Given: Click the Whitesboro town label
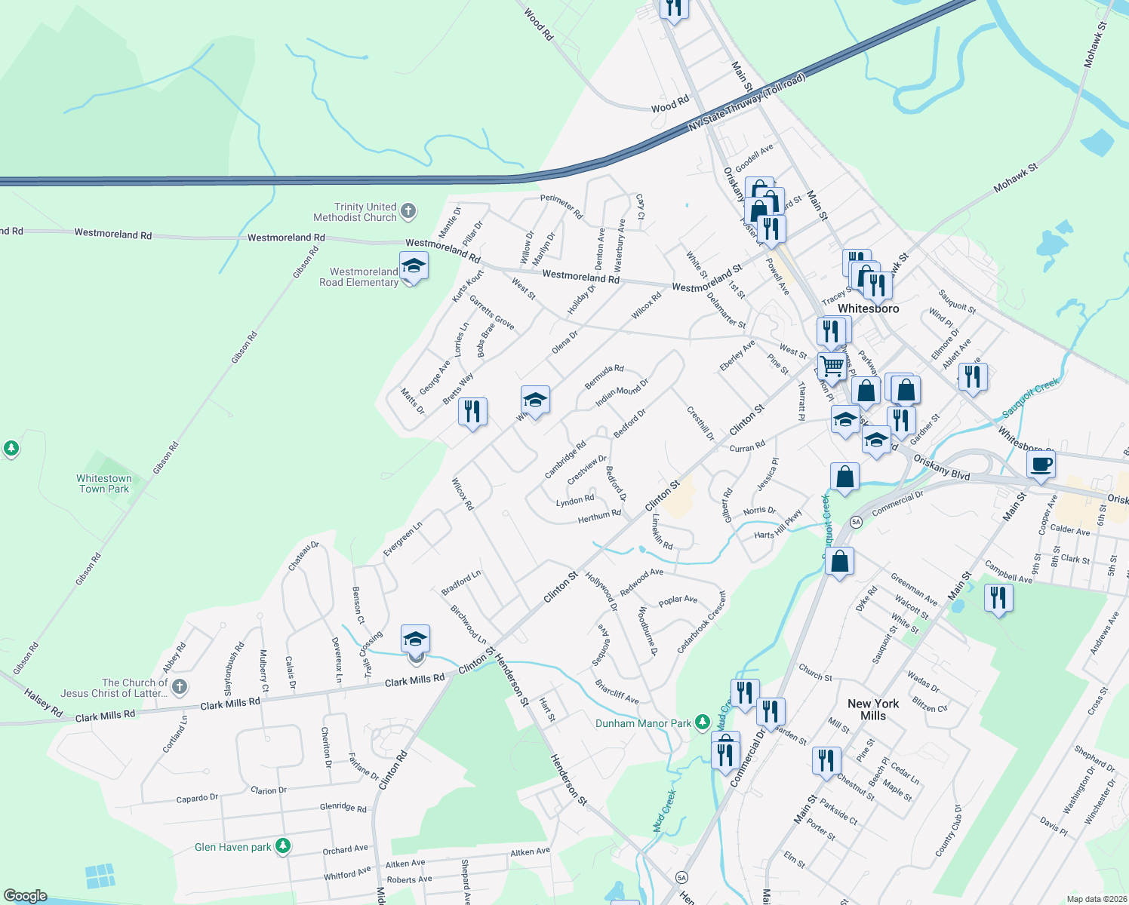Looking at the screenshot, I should click(869, 308).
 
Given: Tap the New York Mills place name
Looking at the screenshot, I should click(873, 710).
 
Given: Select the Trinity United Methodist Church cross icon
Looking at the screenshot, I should click(408, 211).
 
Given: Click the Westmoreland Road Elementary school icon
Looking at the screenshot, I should click(413, 267).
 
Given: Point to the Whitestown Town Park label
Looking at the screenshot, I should click(104, 484).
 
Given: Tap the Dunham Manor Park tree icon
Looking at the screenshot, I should click(703, 722).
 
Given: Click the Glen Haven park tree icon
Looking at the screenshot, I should click(283, 846).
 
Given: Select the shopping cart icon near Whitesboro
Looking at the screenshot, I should click(832, 367).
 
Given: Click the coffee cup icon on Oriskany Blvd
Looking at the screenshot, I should click(1041, 464).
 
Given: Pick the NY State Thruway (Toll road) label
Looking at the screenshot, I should click(747, 103).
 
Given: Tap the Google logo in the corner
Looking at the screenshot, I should click(26, 896).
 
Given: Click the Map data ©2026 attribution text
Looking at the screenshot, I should click(1094, 899).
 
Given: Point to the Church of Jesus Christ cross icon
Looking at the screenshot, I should click(179, 686).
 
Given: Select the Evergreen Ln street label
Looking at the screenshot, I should click(402, 538).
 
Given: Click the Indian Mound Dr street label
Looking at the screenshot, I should click(622, 393).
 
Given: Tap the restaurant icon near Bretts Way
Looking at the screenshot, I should click(472, 412).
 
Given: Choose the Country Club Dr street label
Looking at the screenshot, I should click(948, 830).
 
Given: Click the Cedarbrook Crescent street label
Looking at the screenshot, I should click(701, 622).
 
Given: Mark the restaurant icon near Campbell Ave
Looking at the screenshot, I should click(998, 597).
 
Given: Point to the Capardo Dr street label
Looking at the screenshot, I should click(197, 799).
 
